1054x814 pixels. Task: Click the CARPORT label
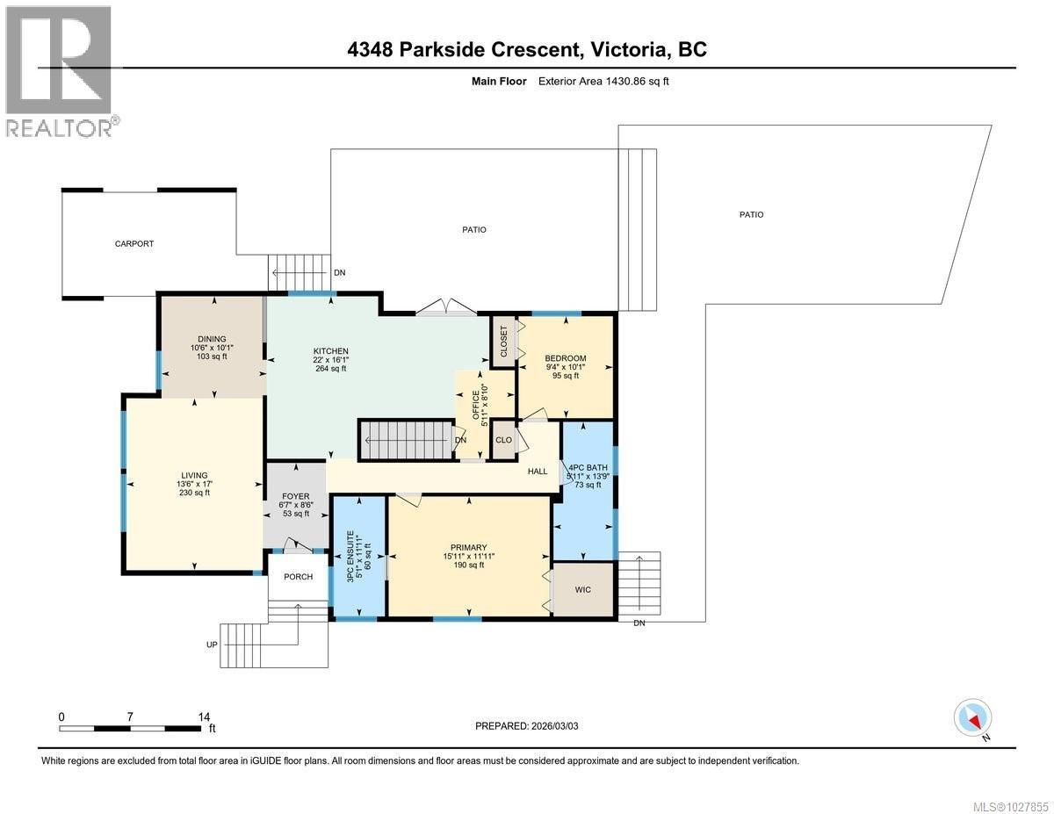[x=134, y=244]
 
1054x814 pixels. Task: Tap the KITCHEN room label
[x=331, y=350]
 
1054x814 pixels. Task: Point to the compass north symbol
[x=974, y=718]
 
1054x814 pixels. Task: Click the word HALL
[x=538, y=472]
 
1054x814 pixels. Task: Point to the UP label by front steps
[x=211, y=645]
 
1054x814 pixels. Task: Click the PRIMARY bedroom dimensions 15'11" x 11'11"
[x=469, y=556]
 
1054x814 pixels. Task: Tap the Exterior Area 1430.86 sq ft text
[x=605, y=81]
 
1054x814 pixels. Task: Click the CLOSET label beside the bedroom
[x=504, y=342]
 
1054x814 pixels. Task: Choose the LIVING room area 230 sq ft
[x=193, y=493]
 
